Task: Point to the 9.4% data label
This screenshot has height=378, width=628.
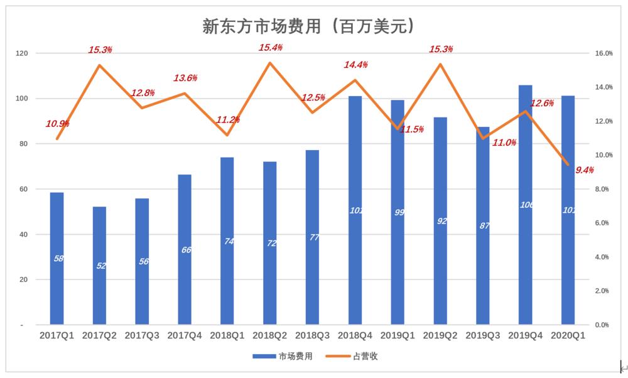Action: (x=585, y=170)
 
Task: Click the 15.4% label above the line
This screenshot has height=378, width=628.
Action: (x=271, y=47)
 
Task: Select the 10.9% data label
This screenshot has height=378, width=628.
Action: (x=57, y=124)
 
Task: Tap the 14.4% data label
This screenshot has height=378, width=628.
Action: (x=355, y=65)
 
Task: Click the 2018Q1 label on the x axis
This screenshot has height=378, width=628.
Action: (x=227, y=336)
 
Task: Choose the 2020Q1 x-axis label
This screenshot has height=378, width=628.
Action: (x=568, y=336)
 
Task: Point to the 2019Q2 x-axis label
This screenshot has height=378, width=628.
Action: (x=440, y=336)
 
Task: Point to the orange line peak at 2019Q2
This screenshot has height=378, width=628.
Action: (x=440, y=64)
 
